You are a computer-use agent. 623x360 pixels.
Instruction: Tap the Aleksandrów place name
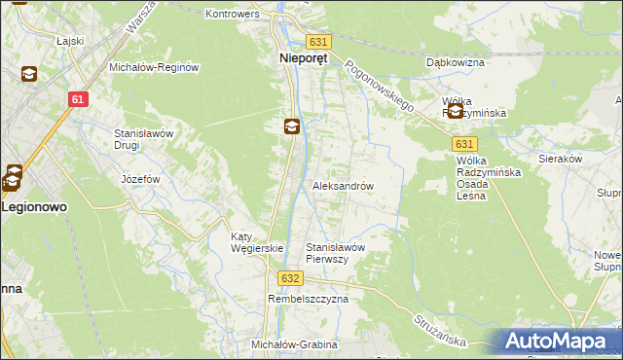[x=343, y=185]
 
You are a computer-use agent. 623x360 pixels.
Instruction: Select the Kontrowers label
[x=233, y=15]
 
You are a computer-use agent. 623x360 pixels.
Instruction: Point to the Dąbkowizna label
[x=456, y=62]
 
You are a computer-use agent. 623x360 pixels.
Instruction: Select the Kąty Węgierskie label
[x=255, y=242]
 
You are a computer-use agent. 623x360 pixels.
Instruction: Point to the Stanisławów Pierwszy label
[x=336, y=253]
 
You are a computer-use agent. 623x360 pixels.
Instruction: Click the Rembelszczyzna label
[x=308, y=300]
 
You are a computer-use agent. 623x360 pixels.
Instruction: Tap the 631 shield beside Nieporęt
[x=318, y=42]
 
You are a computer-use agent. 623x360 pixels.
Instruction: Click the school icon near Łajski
[x=30, y=74]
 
